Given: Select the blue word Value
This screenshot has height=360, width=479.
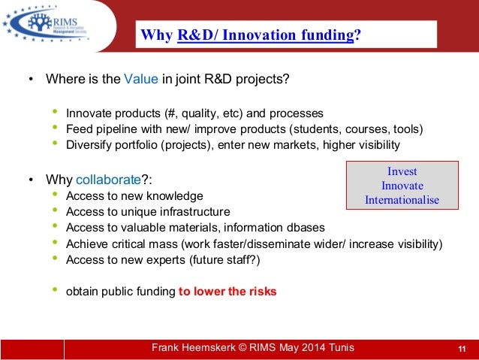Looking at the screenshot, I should tap(140, 79).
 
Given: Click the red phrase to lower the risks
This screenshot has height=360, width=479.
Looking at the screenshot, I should tap(227, 292).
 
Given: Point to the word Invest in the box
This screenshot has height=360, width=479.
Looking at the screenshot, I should tap(402, 171).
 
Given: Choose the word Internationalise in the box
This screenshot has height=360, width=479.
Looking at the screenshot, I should tap(402, 200).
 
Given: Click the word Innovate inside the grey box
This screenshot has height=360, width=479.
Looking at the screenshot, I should tap(402, 185).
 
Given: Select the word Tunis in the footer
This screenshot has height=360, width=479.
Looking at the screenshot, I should tap(340, 347).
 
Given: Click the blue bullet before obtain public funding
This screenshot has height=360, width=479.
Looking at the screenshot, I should tap(55, 291).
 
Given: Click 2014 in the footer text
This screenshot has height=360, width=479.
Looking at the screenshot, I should tap(309, 347).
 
